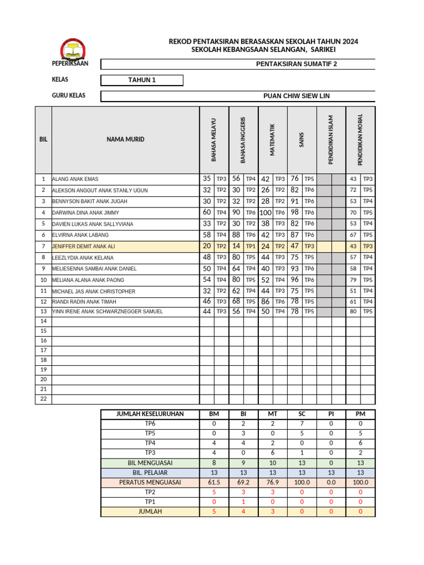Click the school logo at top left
(x=72, y=49)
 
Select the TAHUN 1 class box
(x=142, y=80)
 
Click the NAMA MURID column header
(x=125, y=140)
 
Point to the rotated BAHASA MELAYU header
(x=214, y=140)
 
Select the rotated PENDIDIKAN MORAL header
(x=361, y=140)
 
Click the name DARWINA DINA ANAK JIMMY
(x=86, y=212)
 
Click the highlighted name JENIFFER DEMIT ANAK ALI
(x=84, y=247)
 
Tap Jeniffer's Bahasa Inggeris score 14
(x=236, y=246)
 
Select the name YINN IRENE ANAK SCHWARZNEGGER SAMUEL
(x=108, y=312)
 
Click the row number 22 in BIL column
(x=43, y=399)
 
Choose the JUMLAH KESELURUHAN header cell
(x=150, y=414)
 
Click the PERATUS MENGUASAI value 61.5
(x=214, y=482)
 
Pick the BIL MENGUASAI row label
(x=150, y=462)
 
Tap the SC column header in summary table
(x=301, y=414)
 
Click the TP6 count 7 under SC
(x=301, y=424)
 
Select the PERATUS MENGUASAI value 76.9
(x=272, y=482)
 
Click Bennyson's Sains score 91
(x=295, y=201)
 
